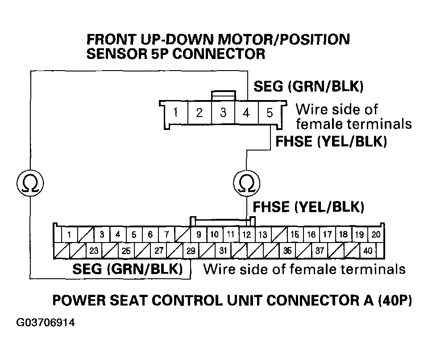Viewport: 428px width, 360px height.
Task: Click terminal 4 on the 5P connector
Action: (x=246, y=113)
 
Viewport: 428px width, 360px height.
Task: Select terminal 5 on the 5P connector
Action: (x=269, y=113)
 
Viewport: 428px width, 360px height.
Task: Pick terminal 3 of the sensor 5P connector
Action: (x=223, y=113)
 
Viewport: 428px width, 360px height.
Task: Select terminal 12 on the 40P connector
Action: (x=246, y=234)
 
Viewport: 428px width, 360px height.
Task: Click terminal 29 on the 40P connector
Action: (x=191, y=251)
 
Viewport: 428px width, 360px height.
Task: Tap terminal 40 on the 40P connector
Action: (x=368, y=251)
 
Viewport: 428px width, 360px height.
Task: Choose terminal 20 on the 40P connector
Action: (x=376, y=234)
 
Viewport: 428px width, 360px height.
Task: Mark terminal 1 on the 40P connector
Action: (x=69, y=234)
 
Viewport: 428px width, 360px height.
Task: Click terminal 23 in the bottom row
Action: (x=94, y=251)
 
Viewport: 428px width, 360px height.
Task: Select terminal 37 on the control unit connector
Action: (x=320, y=251)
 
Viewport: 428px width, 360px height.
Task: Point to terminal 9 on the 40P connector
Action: (x=199, y=234)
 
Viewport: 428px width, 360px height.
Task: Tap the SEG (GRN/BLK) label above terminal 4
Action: (x=307, y=86)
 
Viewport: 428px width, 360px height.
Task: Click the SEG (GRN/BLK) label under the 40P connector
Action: (x=127, y=269)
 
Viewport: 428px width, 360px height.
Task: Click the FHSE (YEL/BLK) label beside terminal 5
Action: (x=331, y=142)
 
